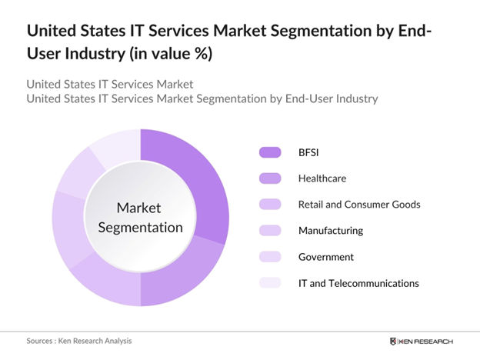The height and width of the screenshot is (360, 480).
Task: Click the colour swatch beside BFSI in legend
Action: (271, 152)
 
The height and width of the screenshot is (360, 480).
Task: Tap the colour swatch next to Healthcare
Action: (271, 178)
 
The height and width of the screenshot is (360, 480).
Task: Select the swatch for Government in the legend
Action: (271, 257)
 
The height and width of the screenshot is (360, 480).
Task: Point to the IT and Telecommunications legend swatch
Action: (271, 283)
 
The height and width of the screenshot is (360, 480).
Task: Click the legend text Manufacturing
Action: (331, 231)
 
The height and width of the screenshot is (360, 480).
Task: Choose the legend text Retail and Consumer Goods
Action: (359, 205)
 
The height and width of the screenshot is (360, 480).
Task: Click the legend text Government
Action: (326, 257)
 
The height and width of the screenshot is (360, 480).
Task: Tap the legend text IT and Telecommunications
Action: (358, 283)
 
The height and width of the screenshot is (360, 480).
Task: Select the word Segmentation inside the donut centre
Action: (140, 227)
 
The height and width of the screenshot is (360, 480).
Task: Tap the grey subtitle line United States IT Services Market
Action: (110, 83)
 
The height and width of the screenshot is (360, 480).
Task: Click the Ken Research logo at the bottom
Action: (422, 341)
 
